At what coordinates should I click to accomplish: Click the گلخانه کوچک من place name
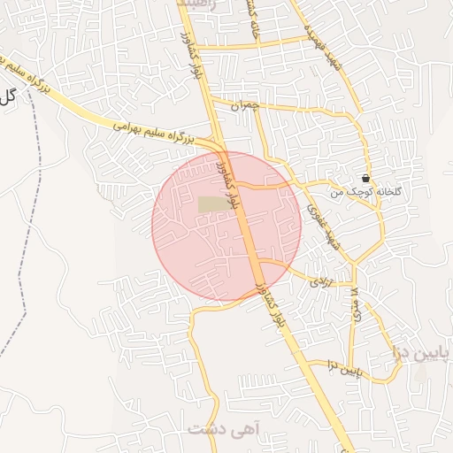[x=360, y=192]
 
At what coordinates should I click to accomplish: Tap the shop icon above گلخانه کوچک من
[x=365, y=179]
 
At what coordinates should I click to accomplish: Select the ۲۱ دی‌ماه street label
[x=353, y=306]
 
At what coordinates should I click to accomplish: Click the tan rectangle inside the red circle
[x=211, y=204]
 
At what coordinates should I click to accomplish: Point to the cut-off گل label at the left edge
[x=7, y=96]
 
